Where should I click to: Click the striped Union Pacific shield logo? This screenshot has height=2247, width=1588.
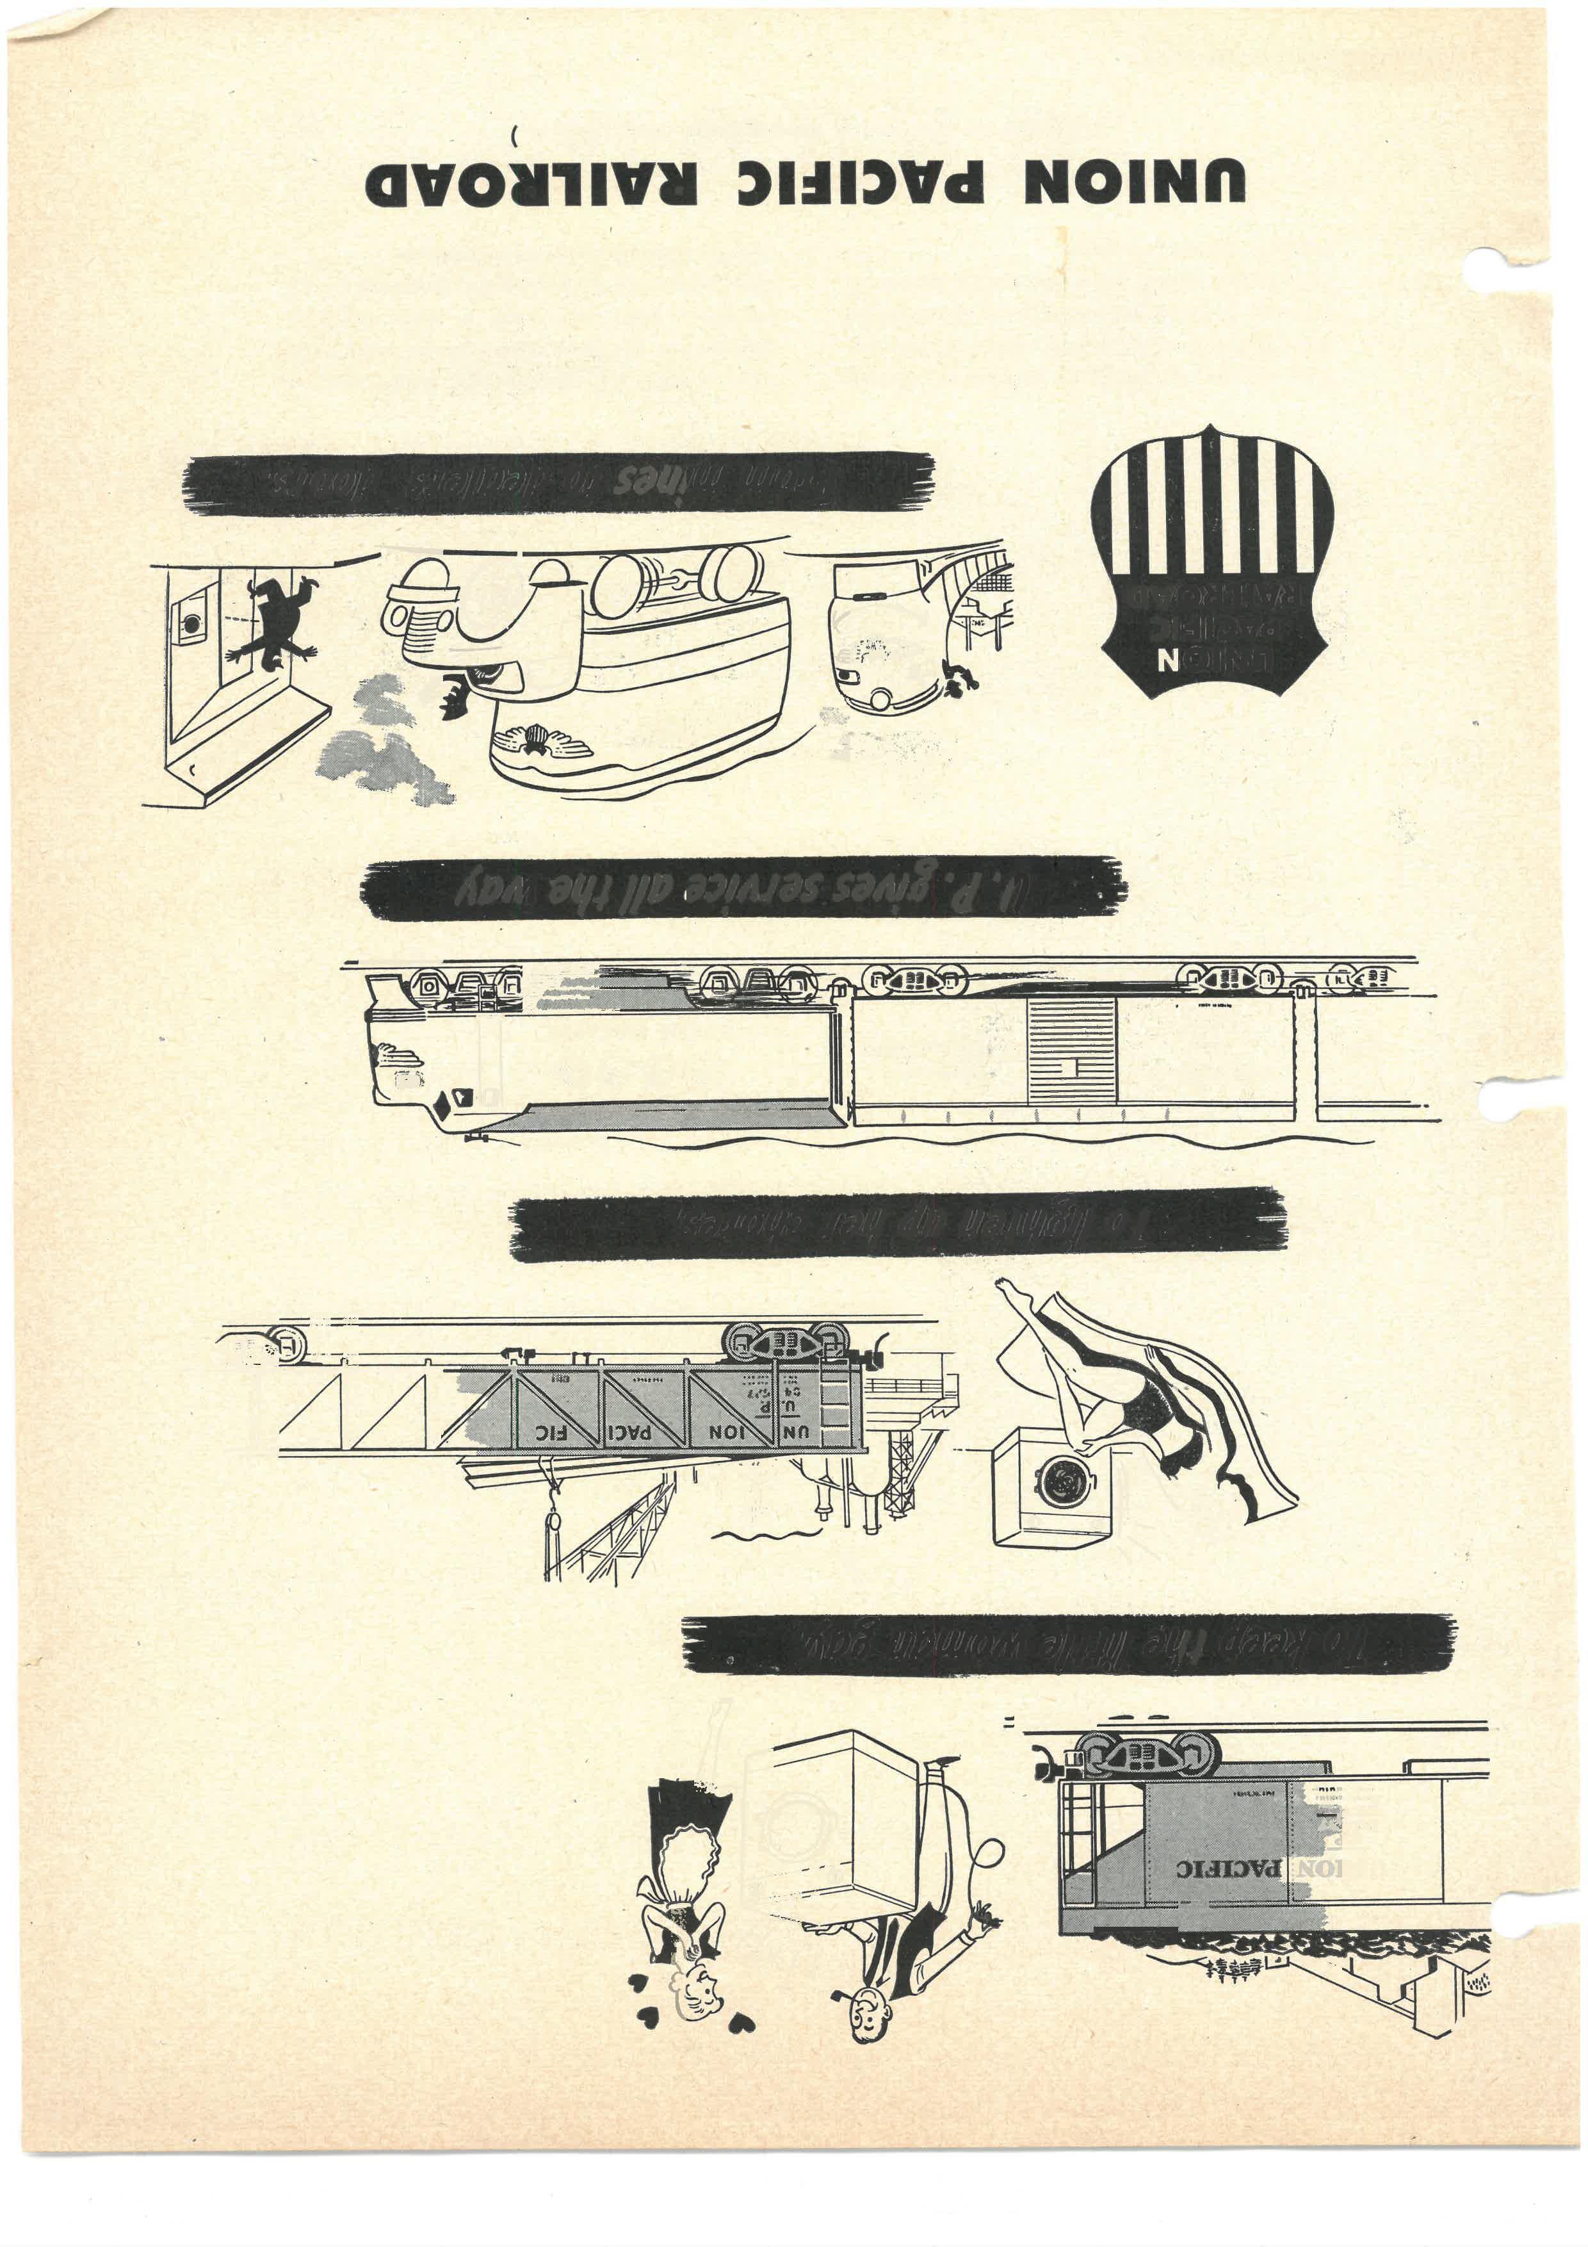coord(1211,560)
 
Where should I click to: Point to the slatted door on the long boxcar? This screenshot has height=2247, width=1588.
coord(1071,1052)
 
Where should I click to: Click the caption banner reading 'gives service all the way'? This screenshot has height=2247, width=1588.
coord(743,888)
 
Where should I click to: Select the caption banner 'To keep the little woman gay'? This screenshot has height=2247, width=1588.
coord(1067,1643)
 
